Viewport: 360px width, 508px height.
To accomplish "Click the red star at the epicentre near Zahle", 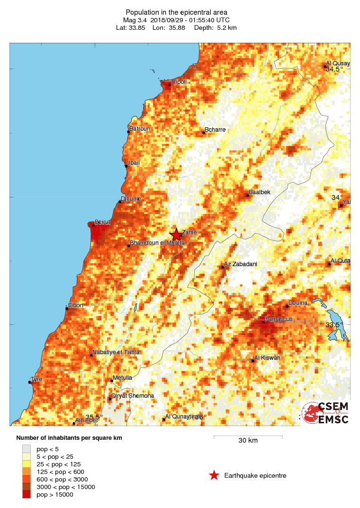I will point(176,234).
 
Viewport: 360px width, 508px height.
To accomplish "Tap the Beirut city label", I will point(102,222).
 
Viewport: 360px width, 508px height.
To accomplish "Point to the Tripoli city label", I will point(179,82).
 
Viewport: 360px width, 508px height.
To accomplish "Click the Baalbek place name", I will point(260,192).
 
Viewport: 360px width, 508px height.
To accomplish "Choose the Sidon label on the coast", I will point(75,305).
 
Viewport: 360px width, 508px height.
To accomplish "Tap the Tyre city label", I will point(36,379).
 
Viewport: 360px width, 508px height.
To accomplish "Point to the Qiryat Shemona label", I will point(132,396).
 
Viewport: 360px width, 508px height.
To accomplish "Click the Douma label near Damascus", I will point(297,303).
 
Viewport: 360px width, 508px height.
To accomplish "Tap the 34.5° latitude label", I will point(334,69).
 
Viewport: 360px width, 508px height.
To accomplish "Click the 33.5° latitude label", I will point(334,325).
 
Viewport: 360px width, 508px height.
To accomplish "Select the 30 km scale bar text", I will point(248,441).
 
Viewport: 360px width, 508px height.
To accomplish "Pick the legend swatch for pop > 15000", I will point(27,495).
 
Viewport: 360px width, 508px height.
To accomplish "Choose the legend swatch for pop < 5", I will point(27,449).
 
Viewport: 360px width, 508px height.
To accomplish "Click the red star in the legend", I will point(214,475).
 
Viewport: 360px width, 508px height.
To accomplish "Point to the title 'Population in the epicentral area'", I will point(176,12).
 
